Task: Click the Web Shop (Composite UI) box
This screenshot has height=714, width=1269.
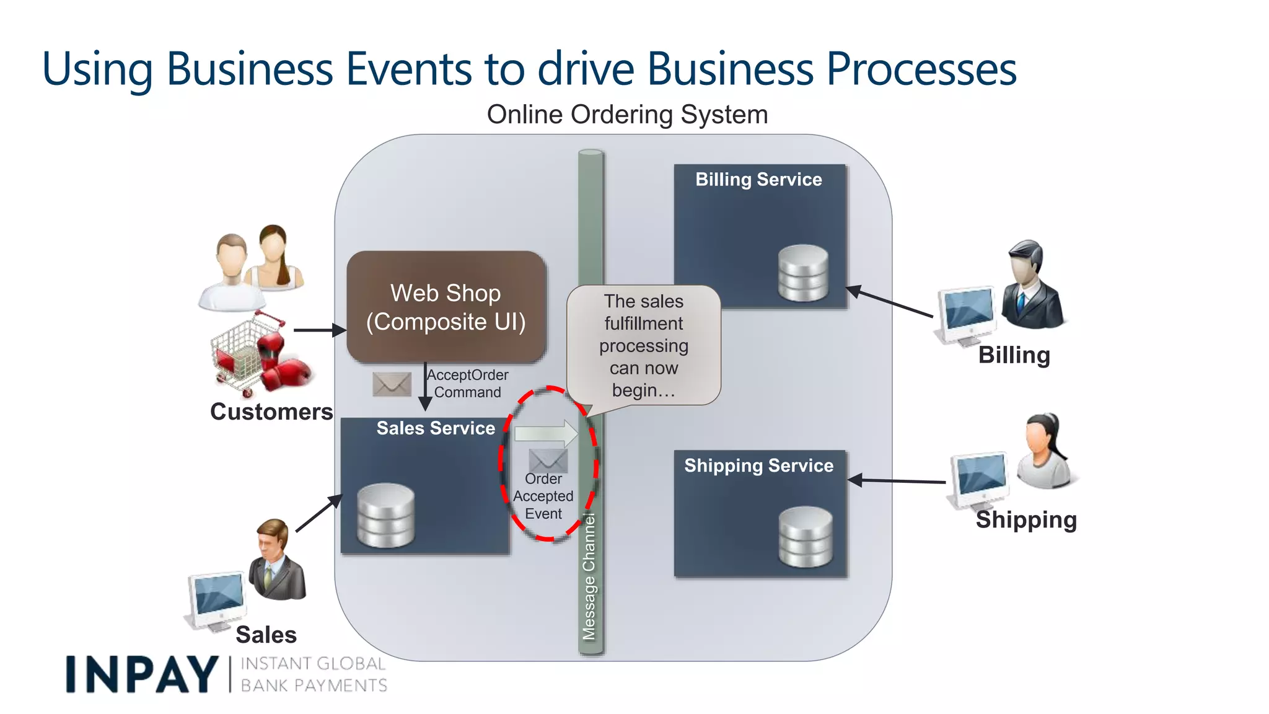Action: [446, 307]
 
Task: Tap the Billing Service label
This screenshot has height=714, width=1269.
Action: [758, 180]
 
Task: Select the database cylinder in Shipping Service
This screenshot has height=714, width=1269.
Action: [806, 537]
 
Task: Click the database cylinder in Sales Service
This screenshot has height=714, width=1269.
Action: [385, 516]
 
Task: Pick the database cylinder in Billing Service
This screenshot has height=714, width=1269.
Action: [803, 273]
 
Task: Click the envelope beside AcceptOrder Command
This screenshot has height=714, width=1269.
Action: [392, 384]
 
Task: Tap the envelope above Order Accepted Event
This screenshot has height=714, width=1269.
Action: [548, 460]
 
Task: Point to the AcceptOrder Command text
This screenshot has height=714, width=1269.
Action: [467, 384]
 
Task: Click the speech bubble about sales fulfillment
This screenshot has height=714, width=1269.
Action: [643, 345]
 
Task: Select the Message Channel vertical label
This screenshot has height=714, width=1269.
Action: [589, 576]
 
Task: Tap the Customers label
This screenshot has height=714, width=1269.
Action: [271, 412]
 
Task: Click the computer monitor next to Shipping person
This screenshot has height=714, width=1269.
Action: [979, 479]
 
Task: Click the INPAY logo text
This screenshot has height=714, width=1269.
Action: [141, 674]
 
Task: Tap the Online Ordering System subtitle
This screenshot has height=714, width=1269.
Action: [627, 115]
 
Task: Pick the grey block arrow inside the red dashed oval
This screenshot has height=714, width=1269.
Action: [545, 433]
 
